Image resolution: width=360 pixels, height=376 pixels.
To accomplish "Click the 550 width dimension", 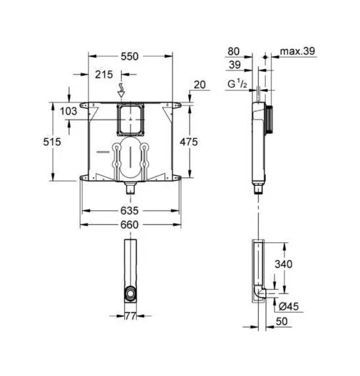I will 129,55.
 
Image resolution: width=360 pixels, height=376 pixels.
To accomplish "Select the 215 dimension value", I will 104,73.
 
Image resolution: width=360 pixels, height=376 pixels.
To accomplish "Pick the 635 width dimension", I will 129,211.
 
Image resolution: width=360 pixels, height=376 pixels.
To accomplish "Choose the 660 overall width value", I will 129,224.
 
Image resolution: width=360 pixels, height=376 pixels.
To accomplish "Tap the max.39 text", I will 297,51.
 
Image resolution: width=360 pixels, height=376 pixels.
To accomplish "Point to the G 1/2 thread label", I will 237,85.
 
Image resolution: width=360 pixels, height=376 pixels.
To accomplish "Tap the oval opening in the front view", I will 129,160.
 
